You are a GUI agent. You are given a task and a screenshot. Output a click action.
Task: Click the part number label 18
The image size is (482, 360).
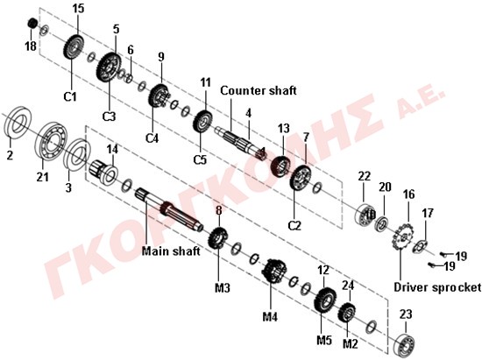click(31, 46)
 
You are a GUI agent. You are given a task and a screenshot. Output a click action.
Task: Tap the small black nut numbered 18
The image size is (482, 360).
click(32, 24)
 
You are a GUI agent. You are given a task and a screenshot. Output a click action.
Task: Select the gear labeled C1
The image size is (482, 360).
click(74, 47)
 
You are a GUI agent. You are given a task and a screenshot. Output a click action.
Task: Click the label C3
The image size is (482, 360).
click(110, 116)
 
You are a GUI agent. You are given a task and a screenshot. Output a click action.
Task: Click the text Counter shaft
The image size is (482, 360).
click(259, 90)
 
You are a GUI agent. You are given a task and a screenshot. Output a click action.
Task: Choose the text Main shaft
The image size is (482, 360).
click(171, 251)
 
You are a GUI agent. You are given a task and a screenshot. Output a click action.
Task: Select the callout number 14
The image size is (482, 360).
click(112, 150)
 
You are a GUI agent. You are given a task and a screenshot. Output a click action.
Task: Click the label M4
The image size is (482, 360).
click(270, 316)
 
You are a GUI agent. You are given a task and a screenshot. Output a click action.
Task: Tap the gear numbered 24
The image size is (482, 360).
click(347, 312)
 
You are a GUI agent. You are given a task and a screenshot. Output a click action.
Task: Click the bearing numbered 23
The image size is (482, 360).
click(405, 344)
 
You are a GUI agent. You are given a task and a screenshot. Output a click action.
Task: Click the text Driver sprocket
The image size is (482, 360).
click(437, 287)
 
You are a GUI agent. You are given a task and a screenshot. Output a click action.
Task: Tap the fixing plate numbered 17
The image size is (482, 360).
click(420, 244)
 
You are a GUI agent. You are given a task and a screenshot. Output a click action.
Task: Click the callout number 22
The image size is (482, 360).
click(365, 176)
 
